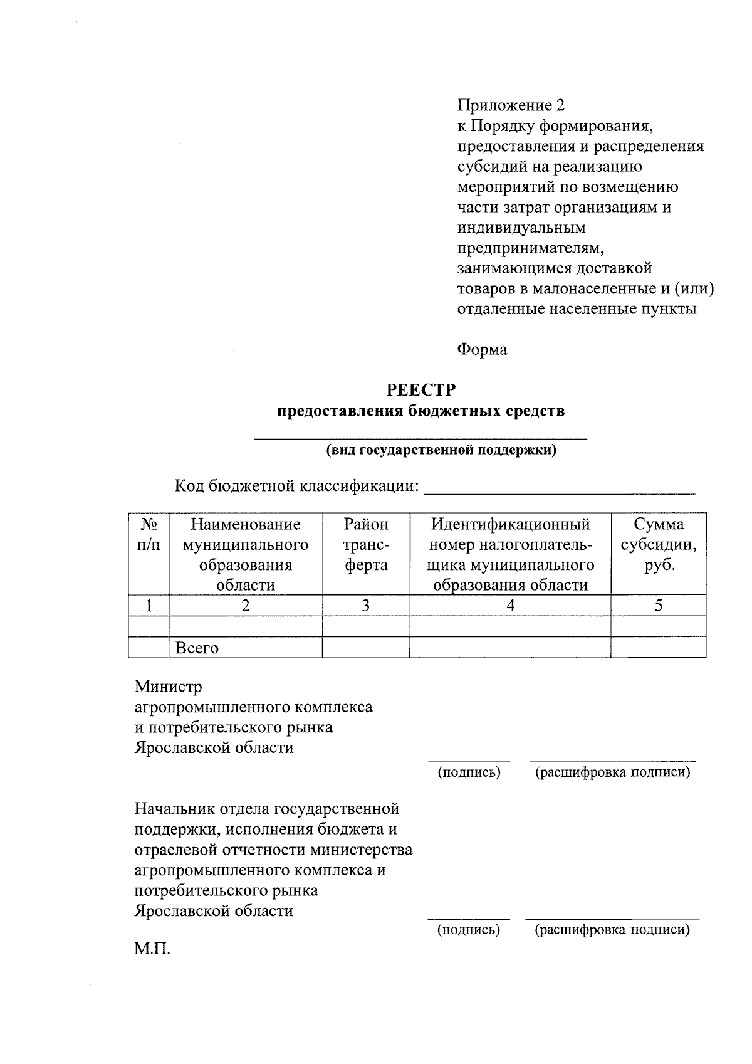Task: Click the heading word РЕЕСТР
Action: (x=421, y=390)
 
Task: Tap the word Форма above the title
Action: (x=482, y=350)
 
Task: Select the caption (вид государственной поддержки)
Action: (x=441, y=450)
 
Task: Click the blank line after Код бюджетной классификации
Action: (x=560, y=488)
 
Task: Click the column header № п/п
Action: (x=149, y=534)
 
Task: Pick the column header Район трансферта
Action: (x=366, y=544)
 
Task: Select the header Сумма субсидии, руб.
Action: (x=658, y=544)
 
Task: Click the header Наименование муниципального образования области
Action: (x=246, y=554)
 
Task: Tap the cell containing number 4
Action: (x=510, y=606)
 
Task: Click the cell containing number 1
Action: (x=149, y=606)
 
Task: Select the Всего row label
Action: (x=197, y=648)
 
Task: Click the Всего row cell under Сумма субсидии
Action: (x=658, y=648)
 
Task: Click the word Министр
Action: (x=169, y=687)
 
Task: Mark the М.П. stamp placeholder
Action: (x=152, y=949)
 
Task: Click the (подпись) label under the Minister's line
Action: (x=469, y=772)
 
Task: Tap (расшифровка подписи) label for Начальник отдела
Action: (x=612, y=930)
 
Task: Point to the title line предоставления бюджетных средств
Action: (x=421, y=411)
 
